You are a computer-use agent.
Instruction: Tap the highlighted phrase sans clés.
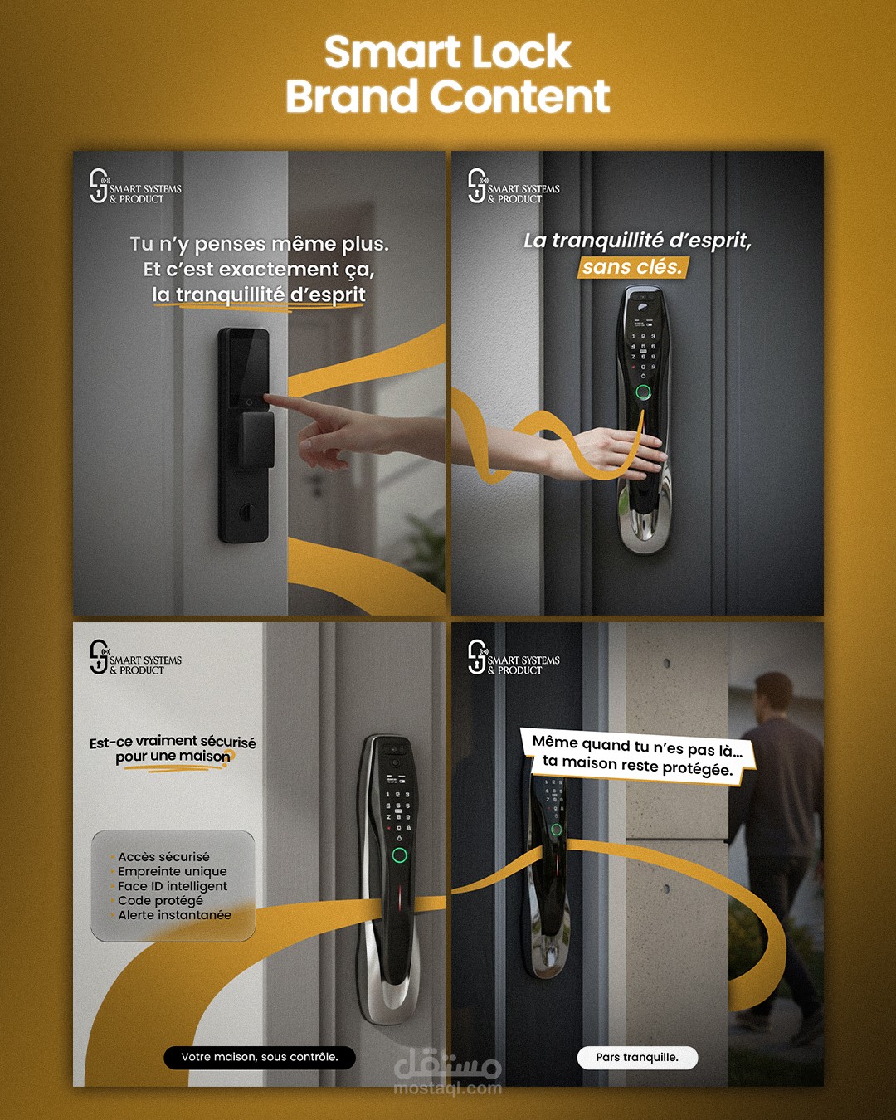coord(631,267)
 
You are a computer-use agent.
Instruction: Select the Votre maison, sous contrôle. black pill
coord(260,1057)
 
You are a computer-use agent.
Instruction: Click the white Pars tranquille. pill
coord(637,1057)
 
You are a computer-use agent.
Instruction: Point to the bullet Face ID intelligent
coord(173,886)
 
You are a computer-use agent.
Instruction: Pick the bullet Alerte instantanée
coord(174,915)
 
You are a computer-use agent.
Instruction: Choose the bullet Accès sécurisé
coord(163,857)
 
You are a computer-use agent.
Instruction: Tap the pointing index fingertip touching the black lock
coord(267,398)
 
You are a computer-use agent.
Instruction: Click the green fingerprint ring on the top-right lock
coord(644,392)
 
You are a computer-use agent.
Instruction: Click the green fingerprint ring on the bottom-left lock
coord(399,855)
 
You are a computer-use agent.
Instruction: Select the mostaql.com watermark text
coord(448,1088)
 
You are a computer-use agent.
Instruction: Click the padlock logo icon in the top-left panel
coord(99,185)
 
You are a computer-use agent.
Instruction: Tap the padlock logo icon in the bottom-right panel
coord(477,657)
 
